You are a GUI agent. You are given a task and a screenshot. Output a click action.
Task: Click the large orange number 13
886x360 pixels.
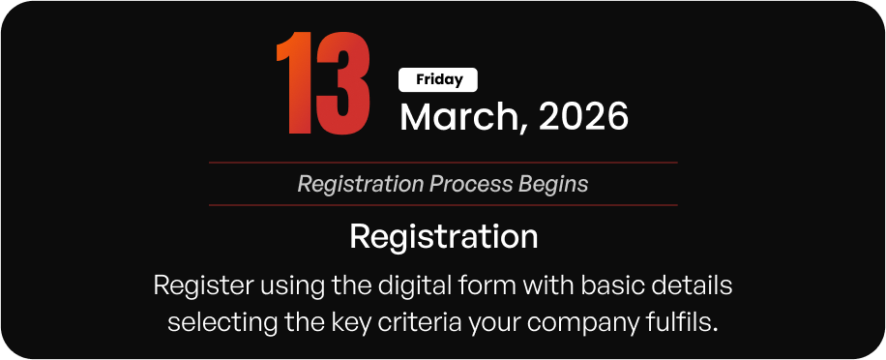pyautogui.click(x=323, y=82)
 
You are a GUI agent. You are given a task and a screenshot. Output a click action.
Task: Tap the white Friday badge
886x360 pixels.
pyautogui.click(x=438, y=79)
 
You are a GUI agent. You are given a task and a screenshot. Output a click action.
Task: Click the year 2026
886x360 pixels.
pyautogui.click(x=583, y=116)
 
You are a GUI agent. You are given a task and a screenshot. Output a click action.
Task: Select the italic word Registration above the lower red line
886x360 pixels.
pyautogui.click(x=361, y=184)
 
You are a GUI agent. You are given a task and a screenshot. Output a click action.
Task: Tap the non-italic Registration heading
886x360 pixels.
pyautogui.click(x=444, y=236)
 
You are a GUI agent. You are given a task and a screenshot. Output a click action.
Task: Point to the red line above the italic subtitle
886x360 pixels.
pyautogui.click(x=443, y=163)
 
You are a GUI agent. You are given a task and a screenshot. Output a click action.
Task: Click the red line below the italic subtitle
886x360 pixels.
pyautogui.click(x=443, y=205)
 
